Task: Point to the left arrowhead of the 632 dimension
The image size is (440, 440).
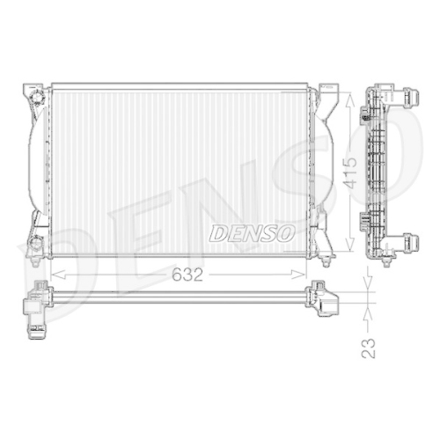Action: [x=55, y=275]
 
